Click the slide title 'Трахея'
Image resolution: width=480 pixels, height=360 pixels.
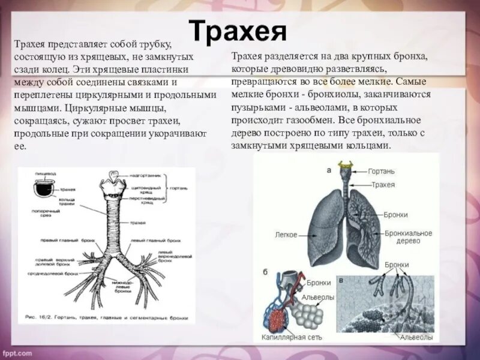[x=238, y=31]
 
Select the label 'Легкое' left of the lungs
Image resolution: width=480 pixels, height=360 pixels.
[x=286, y=235]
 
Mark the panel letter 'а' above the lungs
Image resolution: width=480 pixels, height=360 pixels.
[x=329, y=170]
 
